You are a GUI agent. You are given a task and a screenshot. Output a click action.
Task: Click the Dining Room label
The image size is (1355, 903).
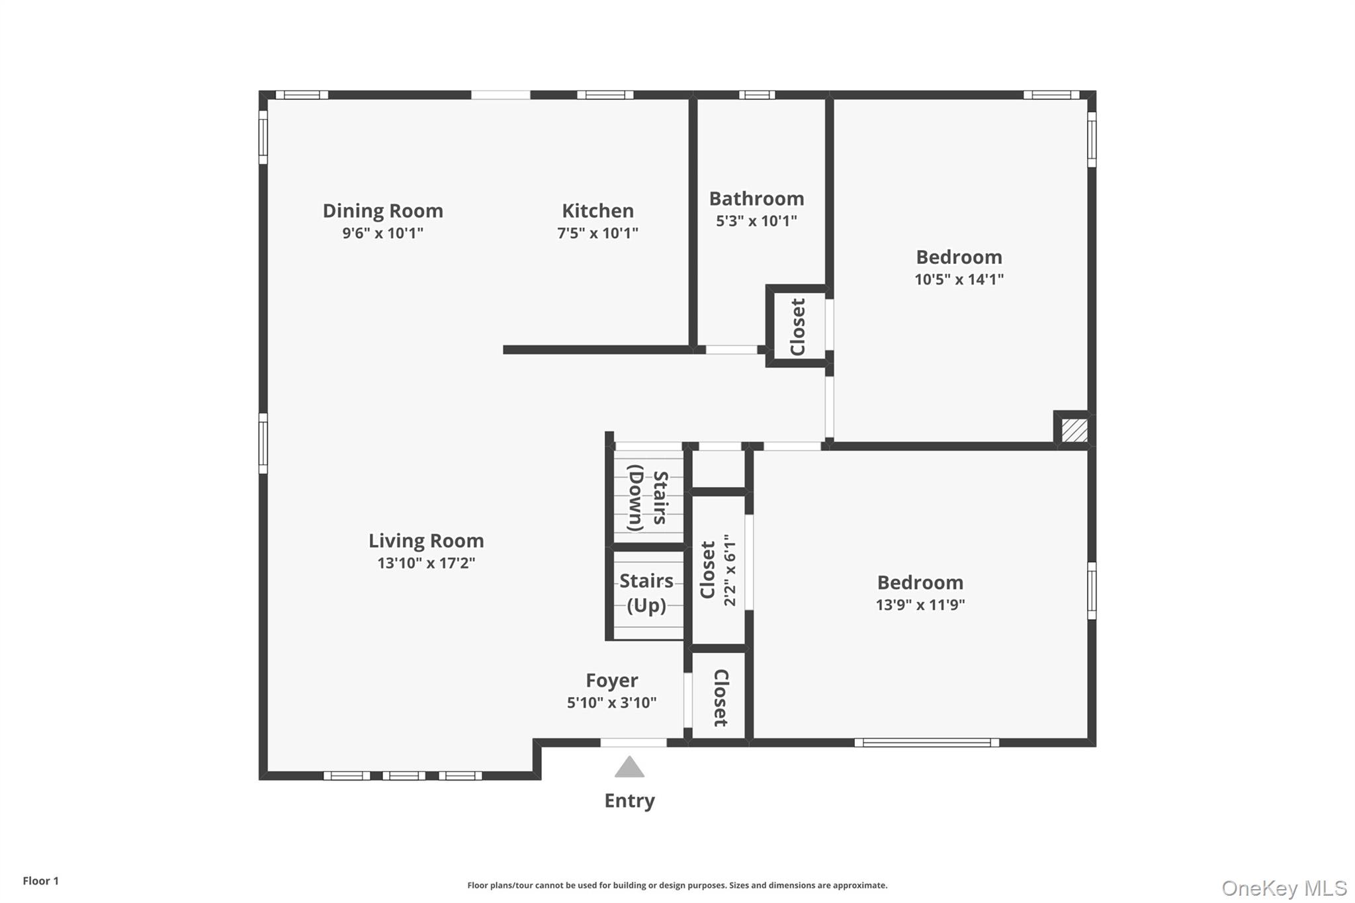pos(382,211)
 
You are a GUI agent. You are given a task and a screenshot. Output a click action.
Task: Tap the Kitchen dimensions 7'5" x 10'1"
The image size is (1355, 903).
pos(597,233)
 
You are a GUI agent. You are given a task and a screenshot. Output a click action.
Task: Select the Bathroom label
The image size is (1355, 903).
pos(756,198)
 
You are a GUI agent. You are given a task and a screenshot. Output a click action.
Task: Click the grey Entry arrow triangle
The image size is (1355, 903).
pos(629,767)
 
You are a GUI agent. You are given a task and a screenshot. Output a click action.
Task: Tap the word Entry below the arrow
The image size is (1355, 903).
pos(629,800)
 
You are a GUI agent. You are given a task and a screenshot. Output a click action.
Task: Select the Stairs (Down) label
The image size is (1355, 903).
pos(647,497)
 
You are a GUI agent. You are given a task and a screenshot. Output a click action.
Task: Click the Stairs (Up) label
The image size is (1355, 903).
pos(646,593)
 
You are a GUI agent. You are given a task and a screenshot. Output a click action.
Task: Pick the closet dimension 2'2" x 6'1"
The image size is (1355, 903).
pos(730,570)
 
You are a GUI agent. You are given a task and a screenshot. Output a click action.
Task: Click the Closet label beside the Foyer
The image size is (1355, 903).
pos(721,697)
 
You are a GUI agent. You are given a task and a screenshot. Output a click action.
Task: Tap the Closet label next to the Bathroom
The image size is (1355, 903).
pos(798,327)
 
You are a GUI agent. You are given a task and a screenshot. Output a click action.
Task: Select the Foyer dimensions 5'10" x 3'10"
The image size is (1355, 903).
pos(611,703)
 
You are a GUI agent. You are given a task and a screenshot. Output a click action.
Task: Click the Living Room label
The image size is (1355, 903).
pos(426,541)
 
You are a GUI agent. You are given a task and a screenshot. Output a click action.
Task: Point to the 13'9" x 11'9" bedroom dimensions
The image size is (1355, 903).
pos(920,605)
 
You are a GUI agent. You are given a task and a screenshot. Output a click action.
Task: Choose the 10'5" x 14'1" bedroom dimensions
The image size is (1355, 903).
pos(959,279)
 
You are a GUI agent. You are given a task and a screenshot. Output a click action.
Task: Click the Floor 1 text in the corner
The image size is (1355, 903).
pos(40,881)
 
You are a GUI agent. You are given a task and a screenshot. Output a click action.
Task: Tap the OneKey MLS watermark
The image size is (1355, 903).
pos(1284,888)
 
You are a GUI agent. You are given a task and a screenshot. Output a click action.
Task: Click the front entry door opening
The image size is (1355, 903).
pos(633,743)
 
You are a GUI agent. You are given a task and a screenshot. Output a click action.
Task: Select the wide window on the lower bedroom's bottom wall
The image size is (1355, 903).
pos(926,743)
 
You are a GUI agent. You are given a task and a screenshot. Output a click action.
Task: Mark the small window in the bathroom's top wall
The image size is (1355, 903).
pos(757,95)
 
